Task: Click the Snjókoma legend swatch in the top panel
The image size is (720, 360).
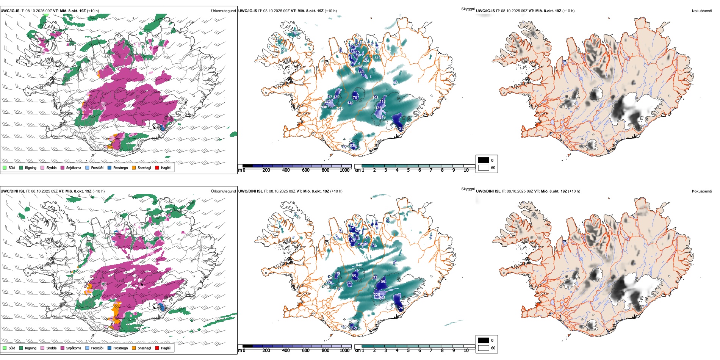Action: (63, 167)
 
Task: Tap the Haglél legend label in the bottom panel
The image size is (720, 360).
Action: (166, 348)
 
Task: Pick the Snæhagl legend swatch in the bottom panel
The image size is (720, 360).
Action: (134, 348)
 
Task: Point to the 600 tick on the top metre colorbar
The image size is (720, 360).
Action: (306, 170)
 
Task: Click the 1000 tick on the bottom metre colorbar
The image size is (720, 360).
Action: (344, 351)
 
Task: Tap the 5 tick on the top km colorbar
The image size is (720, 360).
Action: (408, 170)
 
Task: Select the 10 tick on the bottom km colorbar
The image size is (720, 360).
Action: (466, 351)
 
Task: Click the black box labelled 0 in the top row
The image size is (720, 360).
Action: (484, 160)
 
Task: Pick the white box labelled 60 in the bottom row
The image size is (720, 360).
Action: (484, 348)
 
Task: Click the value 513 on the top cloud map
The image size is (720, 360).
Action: (377, 58)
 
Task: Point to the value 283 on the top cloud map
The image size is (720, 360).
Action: (395, 83)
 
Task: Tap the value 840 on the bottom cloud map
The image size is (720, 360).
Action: (359, 265)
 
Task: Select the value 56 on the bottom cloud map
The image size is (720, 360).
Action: (383, 281)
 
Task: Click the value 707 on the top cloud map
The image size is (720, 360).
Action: (339, 109)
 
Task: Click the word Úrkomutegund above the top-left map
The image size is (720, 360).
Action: (223, 11)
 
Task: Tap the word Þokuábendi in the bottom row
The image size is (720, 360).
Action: (702, 191)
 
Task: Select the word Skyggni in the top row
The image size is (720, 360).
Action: (468, 9)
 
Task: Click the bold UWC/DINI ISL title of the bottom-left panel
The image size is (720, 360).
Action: (13, 191)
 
